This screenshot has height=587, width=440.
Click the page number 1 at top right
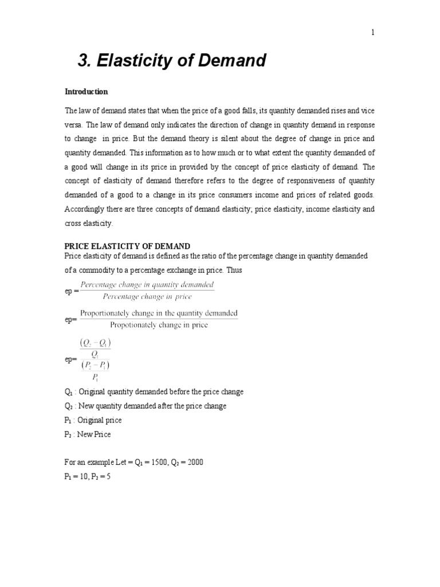pos(372,33)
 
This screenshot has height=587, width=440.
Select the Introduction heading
pos(86,92)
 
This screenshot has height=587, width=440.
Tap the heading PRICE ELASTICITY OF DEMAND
pos(127,246)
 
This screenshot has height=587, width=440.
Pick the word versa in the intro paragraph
pos(73,124)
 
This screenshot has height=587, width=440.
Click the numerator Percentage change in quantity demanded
pos(147,285)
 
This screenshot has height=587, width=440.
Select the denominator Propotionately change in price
pos(159,326)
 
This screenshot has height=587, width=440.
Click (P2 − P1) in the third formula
pos(97,365)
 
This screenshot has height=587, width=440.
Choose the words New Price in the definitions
pos(95,435)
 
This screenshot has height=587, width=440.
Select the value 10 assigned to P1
pos(81,476)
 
